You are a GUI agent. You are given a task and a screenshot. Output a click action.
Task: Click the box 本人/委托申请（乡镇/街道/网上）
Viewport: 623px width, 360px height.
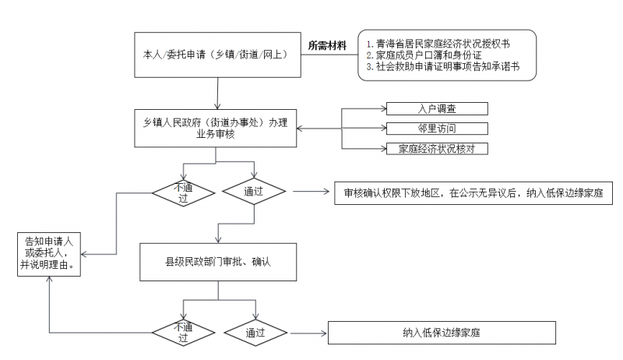click(x=218, y=55)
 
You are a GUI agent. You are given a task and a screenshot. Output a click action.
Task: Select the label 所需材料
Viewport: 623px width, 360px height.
click(x=327, y=46)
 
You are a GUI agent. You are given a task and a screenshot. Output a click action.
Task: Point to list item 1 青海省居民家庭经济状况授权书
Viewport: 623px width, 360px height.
click(x=438, y=44)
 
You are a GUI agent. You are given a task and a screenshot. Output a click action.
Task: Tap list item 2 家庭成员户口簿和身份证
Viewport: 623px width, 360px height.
click(x=424, y=55)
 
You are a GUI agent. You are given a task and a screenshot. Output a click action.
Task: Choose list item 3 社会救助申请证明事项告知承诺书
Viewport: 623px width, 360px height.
click(x=443, y=66)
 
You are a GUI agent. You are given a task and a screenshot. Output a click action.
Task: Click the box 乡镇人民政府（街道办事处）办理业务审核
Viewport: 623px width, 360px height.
click(x=216, y=129)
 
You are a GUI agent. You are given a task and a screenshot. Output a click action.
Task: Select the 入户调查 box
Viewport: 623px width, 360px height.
click(x=437, y=108)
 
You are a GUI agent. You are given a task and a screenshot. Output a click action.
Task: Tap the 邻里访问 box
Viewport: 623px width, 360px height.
click(x=437, y=129)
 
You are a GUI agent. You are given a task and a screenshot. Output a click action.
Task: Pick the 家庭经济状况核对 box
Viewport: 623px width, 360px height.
click(x=437, y=149)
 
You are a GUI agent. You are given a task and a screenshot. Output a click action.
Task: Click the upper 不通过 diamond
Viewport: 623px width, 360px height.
click(x=184, y=193)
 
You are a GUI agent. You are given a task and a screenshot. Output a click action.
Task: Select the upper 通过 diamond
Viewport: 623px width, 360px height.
click(x=254, y=192)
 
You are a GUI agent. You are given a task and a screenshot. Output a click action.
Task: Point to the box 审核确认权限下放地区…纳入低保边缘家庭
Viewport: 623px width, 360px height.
click(x=473, y=193)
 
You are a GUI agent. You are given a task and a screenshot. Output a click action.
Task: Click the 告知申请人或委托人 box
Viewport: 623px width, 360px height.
click(x=49, y=254)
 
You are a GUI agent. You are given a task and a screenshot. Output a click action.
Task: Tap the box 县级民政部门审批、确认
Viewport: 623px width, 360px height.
click(x=218, y=263)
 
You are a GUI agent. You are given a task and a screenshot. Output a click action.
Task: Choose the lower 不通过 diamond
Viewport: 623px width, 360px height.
click(x=184, y=333)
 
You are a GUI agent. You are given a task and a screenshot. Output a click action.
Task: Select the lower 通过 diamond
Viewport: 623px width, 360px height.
click(x=255, y=333)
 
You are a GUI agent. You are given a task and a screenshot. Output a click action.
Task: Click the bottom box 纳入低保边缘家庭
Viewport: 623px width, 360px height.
click(x=442, y=333)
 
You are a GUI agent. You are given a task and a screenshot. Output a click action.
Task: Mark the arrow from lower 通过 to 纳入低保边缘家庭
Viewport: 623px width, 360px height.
click(x=308, y=333)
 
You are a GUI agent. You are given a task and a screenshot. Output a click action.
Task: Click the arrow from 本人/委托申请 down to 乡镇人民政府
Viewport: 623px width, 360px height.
click(x=218, y=94)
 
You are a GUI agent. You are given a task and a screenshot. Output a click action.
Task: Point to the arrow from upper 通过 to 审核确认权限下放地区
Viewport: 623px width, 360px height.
click(x=311, y=192)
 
